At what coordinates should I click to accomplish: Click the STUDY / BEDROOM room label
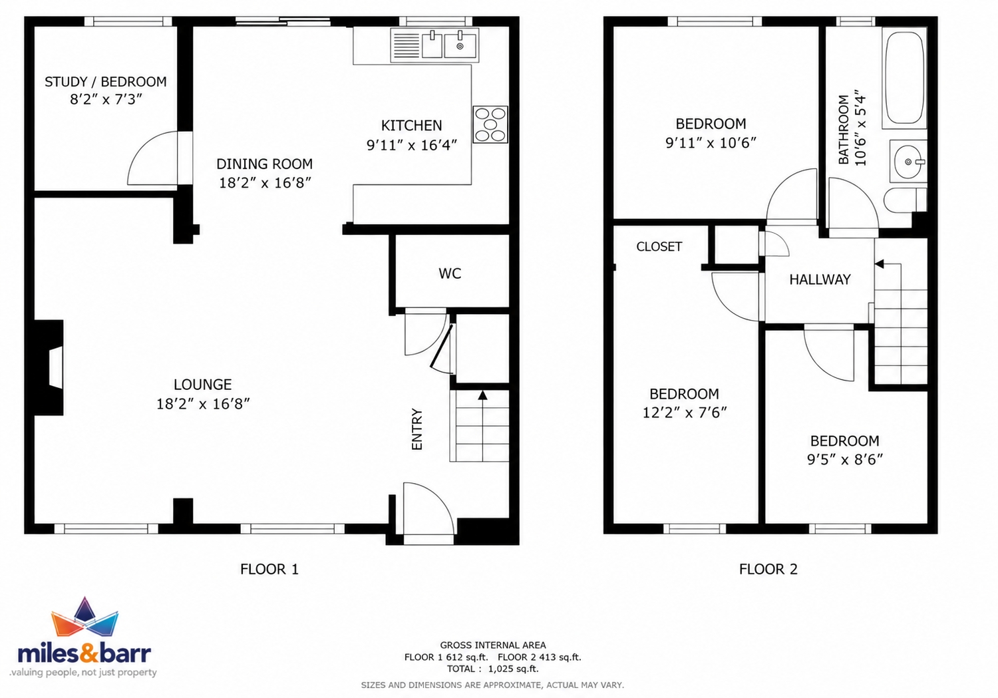106,82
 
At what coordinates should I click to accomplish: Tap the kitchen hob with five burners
490,124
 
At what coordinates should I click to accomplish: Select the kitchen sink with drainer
434,45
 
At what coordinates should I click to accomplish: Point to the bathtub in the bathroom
904,78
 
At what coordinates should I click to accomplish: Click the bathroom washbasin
908,161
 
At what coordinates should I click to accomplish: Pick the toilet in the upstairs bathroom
905,200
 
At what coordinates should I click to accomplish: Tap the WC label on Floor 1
450,273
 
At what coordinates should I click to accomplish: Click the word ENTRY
416,429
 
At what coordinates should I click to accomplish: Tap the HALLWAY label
820,279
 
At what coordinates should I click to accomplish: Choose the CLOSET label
659,247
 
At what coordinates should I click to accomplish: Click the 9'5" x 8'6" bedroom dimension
845,459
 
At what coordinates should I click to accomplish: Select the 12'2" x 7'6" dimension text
685,413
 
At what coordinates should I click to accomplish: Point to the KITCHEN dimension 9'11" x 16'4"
412,145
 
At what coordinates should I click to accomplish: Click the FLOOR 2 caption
768,569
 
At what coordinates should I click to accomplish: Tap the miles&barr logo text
84,654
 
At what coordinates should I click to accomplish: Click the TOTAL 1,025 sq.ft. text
493,669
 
